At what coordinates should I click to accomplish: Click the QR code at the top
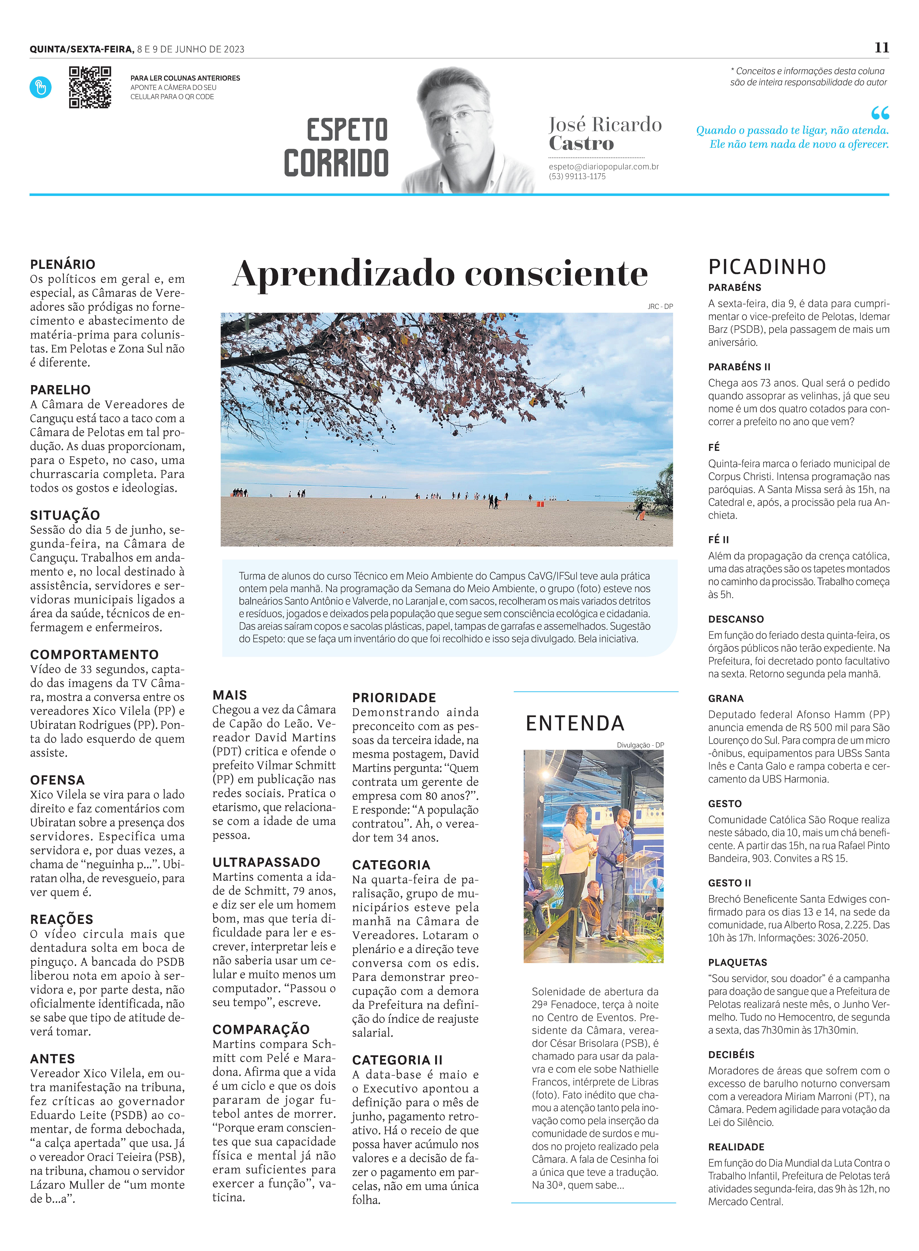[90, 87]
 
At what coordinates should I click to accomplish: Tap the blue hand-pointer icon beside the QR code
[41, 87]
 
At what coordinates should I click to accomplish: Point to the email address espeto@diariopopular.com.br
[604, 166]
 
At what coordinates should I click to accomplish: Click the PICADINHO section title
[767, 267]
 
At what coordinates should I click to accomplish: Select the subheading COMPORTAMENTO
[94, 654]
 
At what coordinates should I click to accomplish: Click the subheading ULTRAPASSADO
[266, 862]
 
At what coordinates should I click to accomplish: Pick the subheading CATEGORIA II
[397, 1060]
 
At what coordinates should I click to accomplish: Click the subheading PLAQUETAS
[737, 963]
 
